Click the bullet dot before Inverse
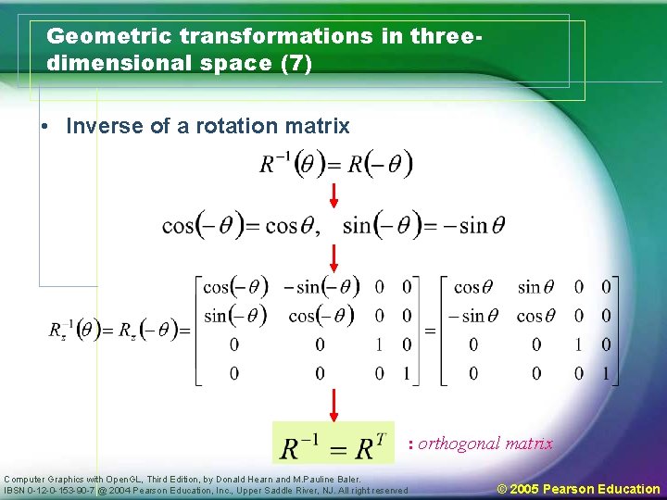pyautogui.click(x=45, y=127)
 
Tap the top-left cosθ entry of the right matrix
pyautogui.click(x=480, y=287)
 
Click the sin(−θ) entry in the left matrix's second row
pyautogui.click(x=235, y=316)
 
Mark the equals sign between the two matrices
pyautogui.click(x=430, y=330)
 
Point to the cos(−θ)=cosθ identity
pyautogui.click(x=240, y=225)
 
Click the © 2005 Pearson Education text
pyautogui.click(x=578, y=489)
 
